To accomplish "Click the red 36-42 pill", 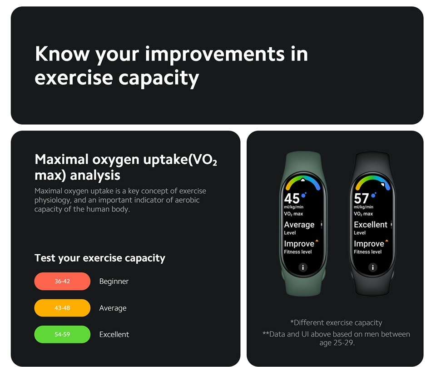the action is coord(62,281).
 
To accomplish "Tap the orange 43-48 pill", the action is coord(62,308).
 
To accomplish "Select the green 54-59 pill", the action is coord(62,334).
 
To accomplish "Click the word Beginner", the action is coord(114,282).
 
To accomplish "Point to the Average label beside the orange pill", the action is coord(113,308).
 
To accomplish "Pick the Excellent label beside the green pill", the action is coord(114,334).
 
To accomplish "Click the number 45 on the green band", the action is coord(292,199).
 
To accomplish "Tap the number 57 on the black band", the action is coord(362,199).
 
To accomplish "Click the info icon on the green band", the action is coord(303,267).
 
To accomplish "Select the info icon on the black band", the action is coord(372,267).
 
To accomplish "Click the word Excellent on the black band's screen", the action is coord(371,225).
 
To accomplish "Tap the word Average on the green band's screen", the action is coord(299,225).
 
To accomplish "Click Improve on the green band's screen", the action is coord(299,244).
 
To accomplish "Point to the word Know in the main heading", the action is coord(62,54).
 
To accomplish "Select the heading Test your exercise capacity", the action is coord(100,258).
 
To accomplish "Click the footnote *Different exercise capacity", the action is coord(336,323).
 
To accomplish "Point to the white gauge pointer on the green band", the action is coord(303,180).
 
